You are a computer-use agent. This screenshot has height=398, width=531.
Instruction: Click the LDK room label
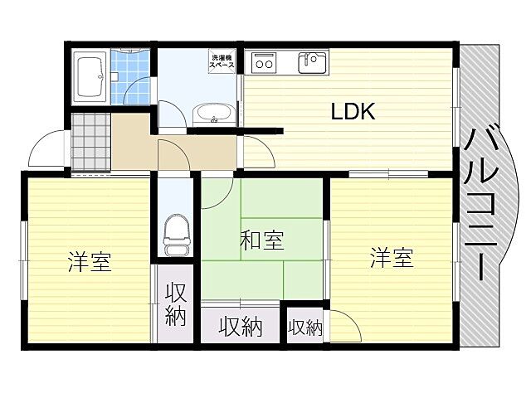pyautogui.click(x=354, y=112)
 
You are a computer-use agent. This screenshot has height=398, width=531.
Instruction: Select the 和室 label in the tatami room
pyautogui.click(x=261, y=241)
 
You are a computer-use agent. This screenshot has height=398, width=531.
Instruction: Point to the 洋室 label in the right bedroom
pyautogui.click(x=392, y=258)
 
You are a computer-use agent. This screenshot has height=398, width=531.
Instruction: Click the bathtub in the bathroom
pyautogui.click(x=88, y=76)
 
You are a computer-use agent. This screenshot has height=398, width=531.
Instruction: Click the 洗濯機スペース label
pyautogui.click(x=222, y=61)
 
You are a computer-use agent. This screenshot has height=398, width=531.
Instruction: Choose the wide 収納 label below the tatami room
pyautogui.click(x=241, y=328)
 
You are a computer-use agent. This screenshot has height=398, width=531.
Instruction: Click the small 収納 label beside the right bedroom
pyautogui.click(x=304, y=328)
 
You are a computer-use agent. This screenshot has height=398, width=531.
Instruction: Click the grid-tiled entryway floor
pyautogui.click(x=90, y=143)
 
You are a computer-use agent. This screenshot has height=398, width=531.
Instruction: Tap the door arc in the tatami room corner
pyautogui.click(x=216, y=193)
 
